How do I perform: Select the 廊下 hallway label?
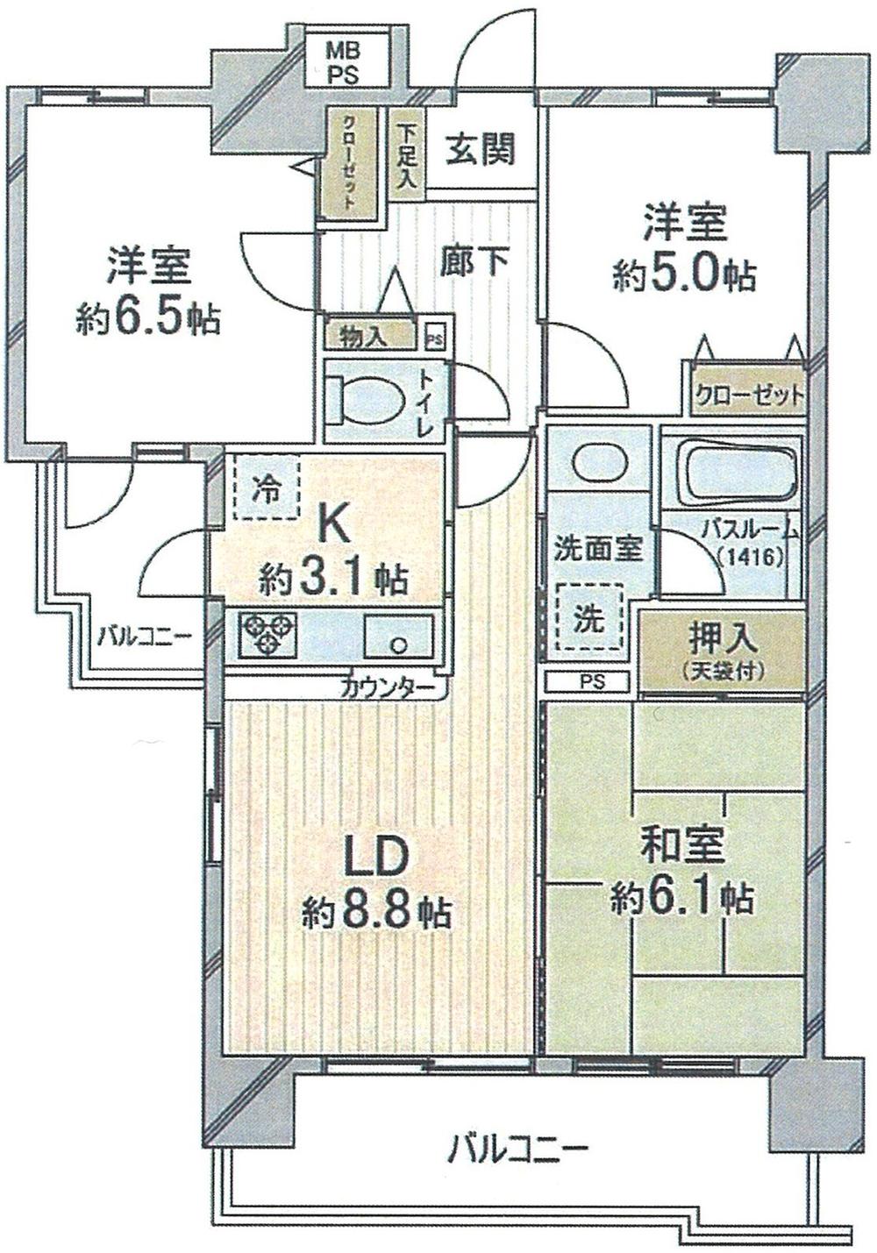[474, 260]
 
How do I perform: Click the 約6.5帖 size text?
[147, 321]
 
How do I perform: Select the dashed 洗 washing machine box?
[588, 619]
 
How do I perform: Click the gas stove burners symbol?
[267, 635]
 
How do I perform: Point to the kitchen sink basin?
[398, 636]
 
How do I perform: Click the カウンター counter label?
[386, 687]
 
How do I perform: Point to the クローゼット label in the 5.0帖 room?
[748, 396]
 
